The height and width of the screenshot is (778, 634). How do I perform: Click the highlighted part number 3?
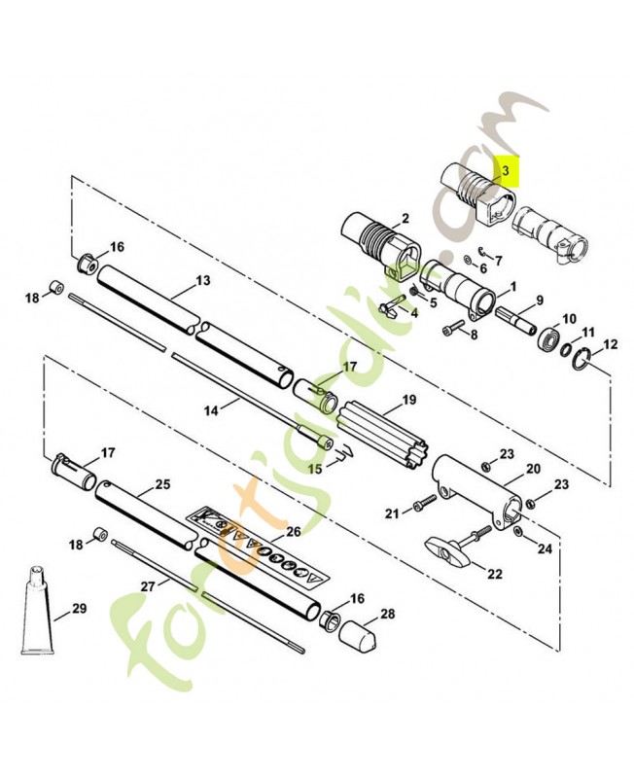[x=506, y=171]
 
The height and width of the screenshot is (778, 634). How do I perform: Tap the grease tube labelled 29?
[x=37, y=611]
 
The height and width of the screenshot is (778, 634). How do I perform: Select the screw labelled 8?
[x=453, y=328]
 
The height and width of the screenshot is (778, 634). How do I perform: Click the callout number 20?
[x=533, y=469]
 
